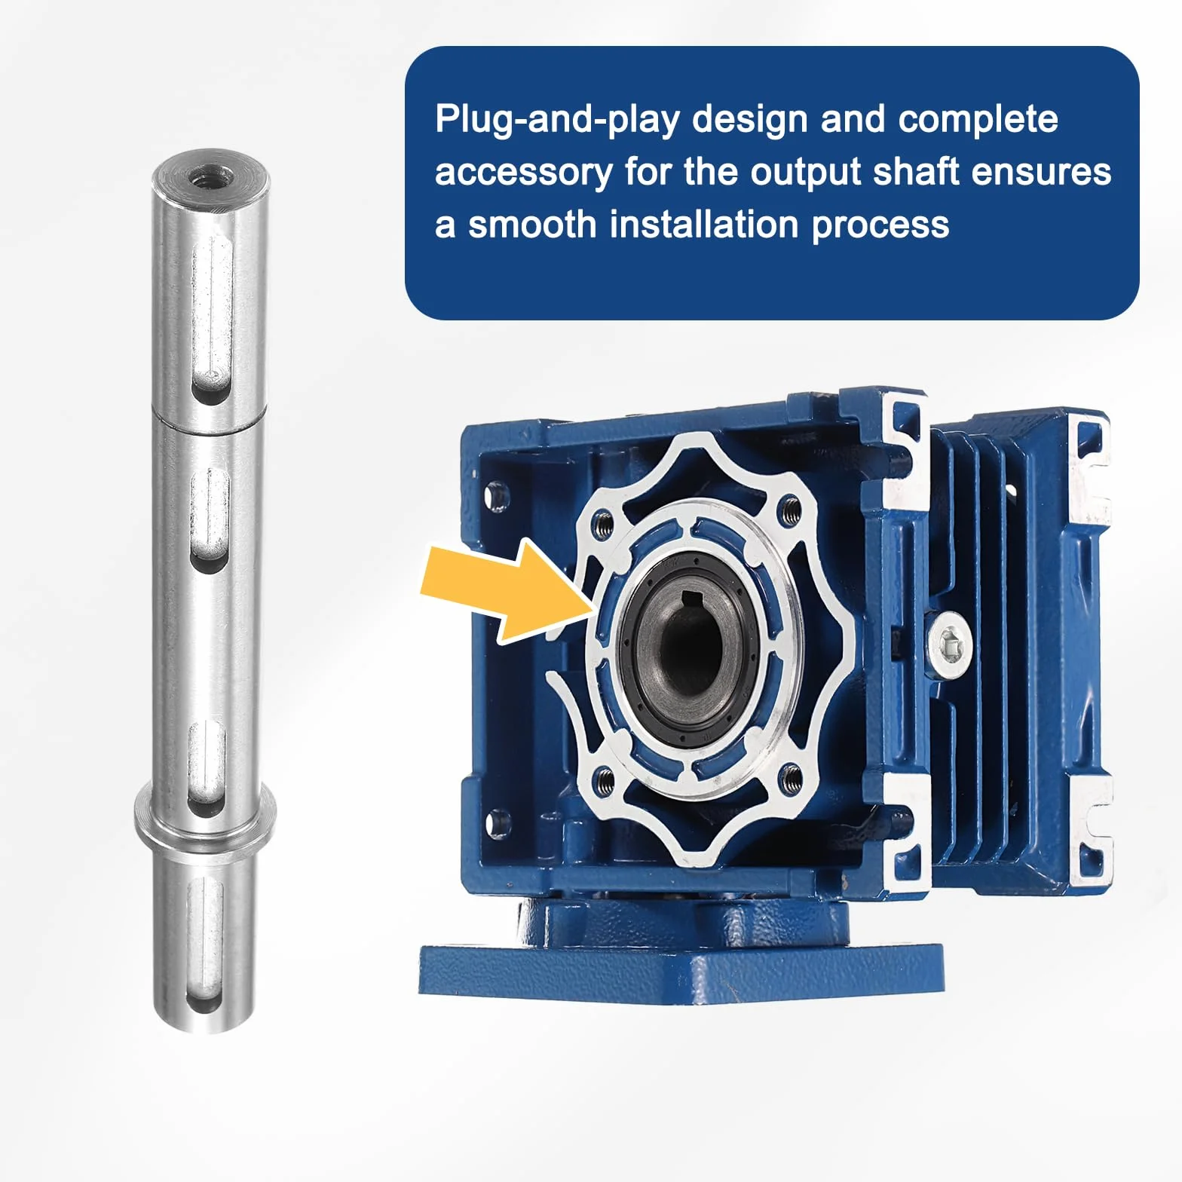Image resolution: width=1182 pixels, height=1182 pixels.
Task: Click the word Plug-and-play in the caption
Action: point(557,120)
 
